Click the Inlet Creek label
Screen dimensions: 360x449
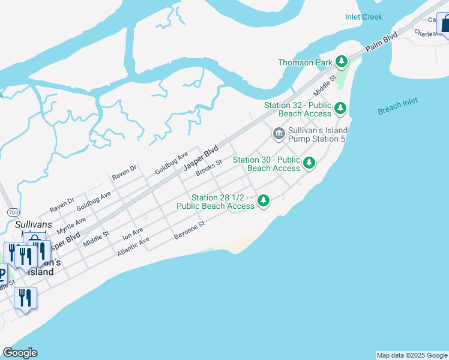364,17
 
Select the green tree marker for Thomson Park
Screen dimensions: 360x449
342,61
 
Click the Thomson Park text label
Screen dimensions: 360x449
304,62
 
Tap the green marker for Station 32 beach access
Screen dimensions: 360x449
340,109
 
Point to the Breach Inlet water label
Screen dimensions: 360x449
398,106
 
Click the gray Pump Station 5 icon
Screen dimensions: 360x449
279,133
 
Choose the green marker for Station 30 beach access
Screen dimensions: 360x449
309,163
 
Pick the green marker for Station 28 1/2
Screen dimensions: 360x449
263,201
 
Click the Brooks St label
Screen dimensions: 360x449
209,166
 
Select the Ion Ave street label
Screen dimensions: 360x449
133,234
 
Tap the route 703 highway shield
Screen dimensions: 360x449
13,212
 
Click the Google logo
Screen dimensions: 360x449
20,353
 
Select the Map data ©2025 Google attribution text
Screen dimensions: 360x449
412,355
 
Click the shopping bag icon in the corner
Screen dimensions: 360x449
445,25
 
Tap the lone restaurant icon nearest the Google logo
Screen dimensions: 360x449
25,298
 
